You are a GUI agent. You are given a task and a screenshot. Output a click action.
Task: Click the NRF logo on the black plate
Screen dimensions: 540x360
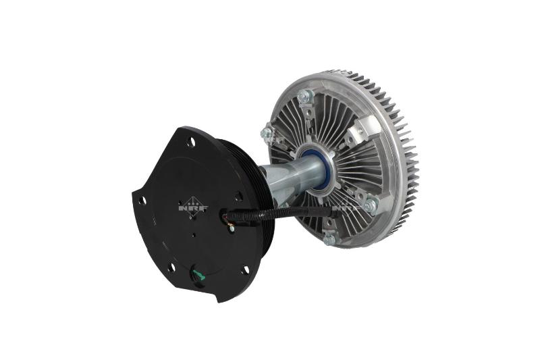194,208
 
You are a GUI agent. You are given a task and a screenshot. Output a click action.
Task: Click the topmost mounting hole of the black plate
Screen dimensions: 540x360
192,142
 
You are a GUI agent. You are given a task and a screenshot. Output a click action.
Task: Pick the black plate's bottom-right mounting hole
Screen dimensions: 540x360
244,270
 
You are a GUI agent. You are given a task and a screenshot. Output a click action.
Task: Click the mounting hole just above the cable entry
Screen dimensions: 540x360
238,197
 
